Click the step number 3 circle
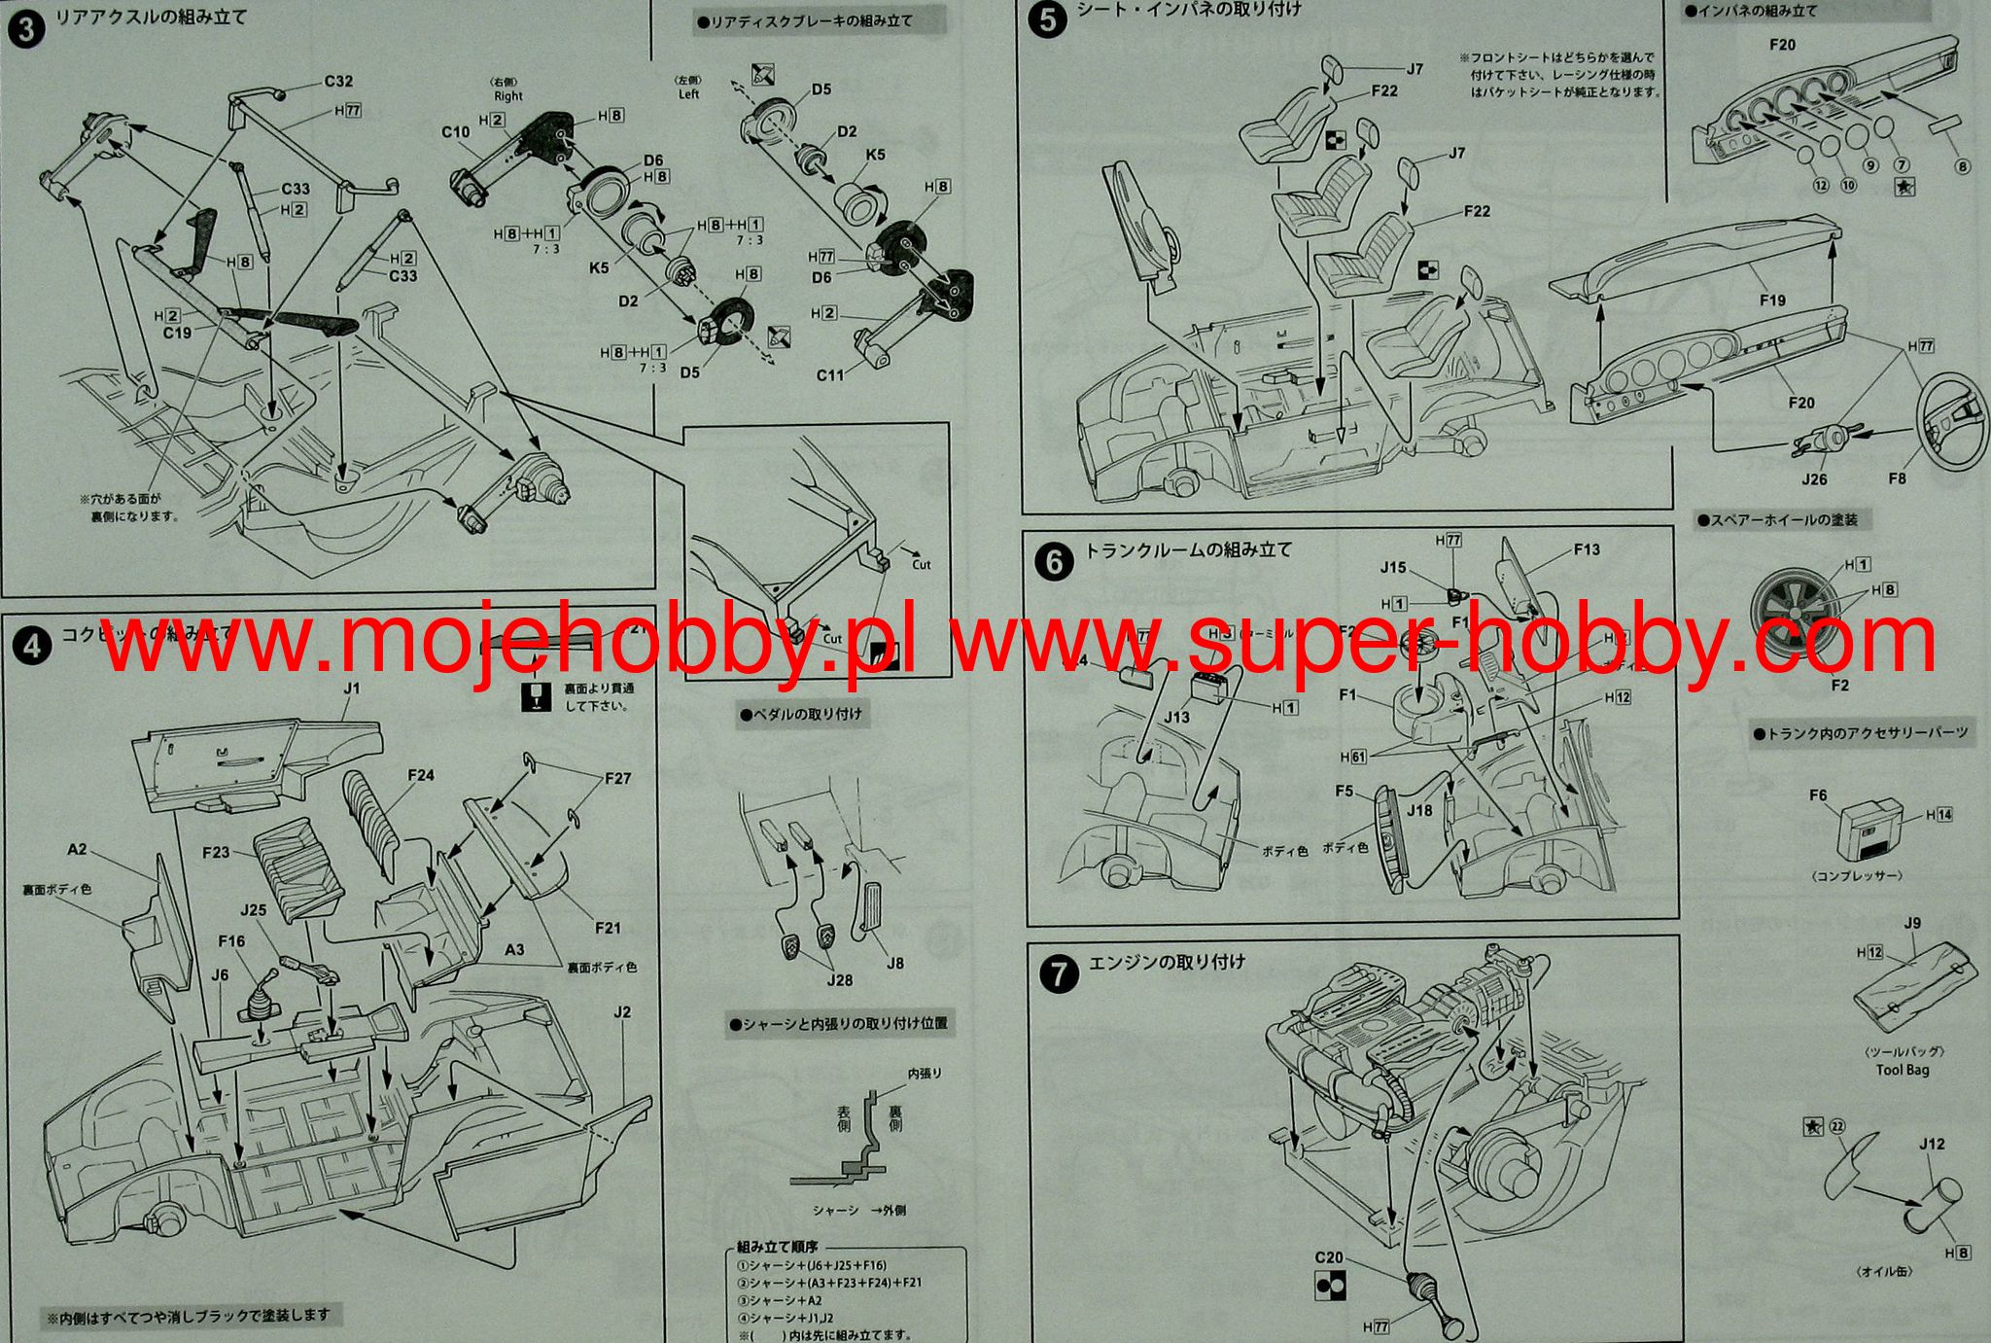tap(25, 28)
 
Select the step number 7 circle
tap(1059, 973)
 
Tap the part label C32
tap(338, 82)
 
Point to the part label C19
tap(177, 333)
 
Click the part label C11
tap(829, 374)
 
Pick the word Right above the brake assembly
tap(507, 96)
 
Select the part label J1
tap(351, 689)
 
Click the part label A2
tap(77, 849)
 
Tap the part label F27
tap(617, 778)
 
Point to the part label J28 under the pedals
tap(839, 980)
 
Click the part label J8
tap(894, 963)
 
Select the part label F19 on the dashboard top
tap(1772, 300)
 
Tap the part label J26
tap(1814, 478)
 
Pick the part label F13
tap(1587, 549)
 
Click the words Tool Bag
tap(1903, 1070)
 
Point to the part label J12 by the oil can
tap(1932, 1144)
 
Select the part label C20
tap(1329, 1257)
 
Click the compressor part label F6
tap(1818, 795)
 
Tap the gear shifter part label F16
tap(231, 941)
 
